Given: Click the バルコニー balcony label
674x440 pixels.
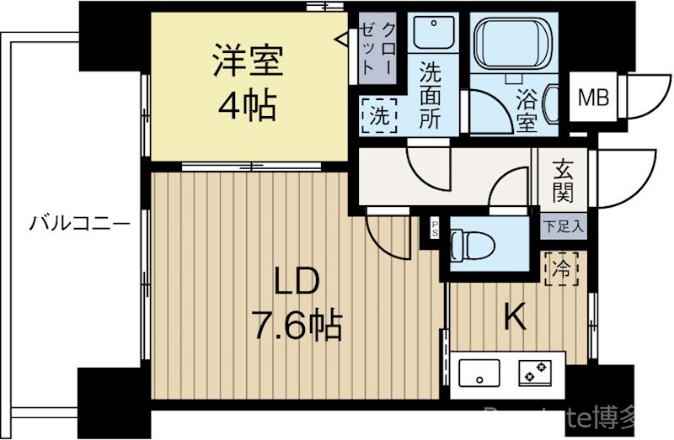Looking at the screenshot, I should coord(79,225).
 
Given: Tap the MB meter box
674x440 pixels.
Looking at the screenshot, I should coord(593,98).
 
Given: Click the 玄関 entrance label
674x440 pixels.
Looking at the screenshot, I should coord(564,182).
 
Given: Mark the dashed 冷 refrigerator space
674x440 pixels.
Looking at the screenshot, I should coord(560,269).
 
